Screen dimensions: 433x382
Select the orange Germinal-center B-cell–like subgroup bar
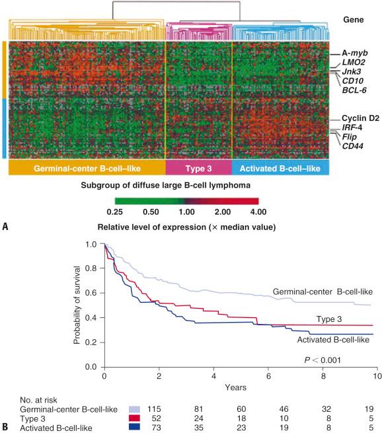click(x=86, y=169)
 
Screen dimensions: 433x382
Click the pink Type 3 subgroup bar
click(x=198, y=169)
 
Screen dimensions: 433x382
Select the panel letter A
click(x=7, y=227)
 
